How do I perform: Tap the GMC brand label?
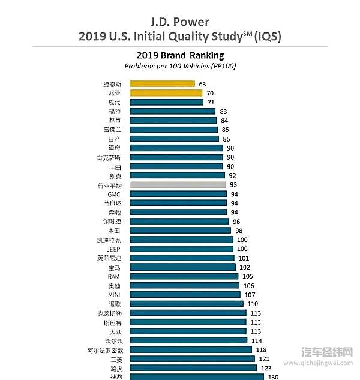click(x=114, y=195)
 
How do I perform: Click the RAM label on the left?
click(x=114, y=276)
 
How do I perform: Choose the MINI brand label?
click(x=114, y=295)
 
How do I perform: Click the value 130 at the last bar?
click(x=273, y=377)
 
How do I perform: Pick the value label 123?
click(x=266, y=367)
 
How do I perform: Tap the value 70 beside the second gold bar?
click(x=210, y=93)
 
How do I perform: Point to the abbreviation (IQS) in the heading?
click(x=266, y=37)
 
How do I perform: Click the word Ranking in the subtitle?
click(x=204, y=55)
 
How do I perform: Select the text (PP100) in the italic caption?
click(x=222, y=65)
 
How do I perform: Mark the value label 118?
click(x=261, y=349)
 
